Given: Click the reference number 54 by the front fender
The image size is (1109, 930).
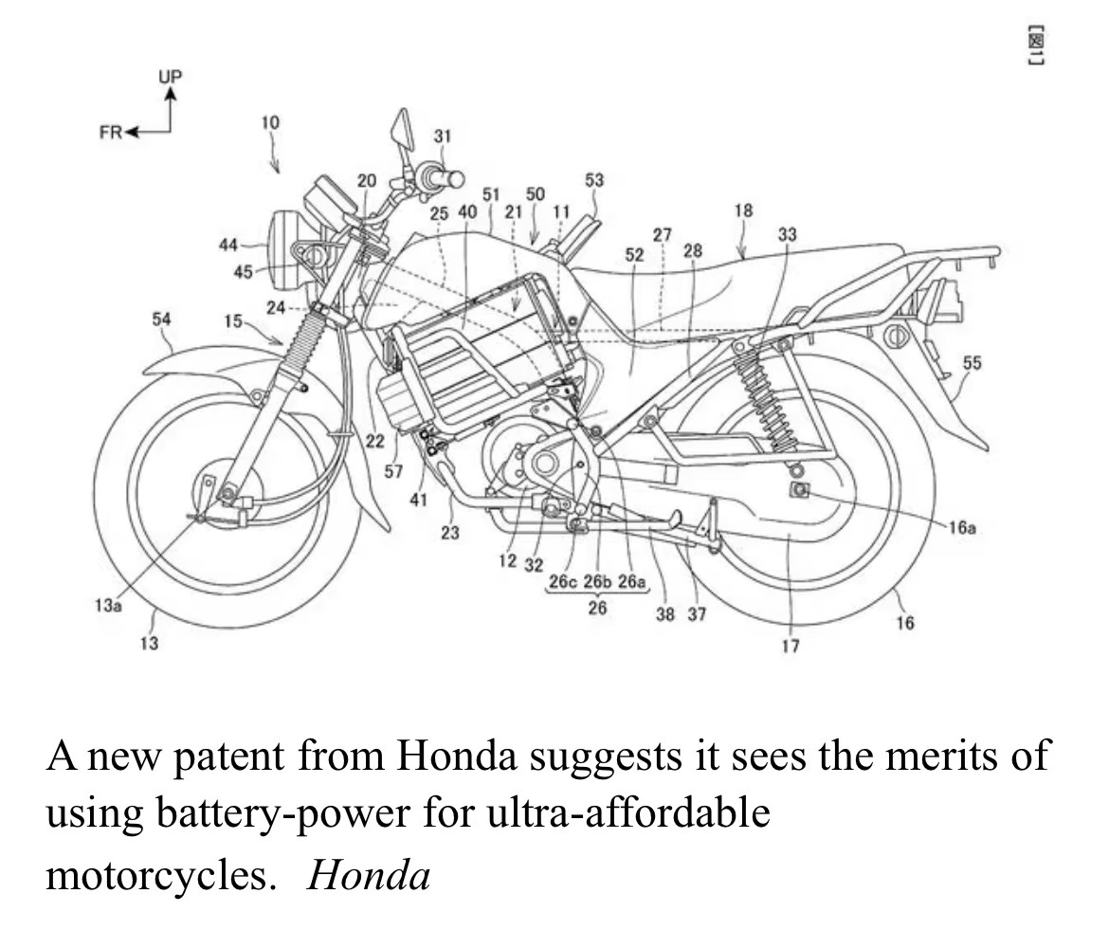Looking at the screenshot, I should (162, 319).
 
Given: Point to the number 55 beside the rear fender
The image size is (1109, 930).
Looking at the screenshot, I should (973, 362).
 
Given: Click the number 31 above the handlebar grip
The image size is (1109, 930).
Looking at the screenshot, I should (443, 136).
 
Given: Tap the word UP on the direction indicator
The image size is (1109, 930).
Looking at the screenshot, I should (172, 76).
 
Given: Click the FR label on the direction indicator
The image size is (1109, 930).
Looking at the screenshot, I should (111, 132).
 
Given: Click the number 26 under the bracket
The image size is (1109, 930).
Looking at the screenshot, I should (597, 608).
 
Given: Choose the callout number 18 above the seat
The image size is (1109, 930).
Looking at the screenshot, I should (744, 210).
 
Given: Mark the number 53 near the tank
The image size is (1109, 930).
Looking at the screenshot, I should (594, 179).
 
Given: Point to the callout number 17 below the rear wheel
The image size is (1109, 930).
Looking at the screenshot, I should (791, 647).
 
